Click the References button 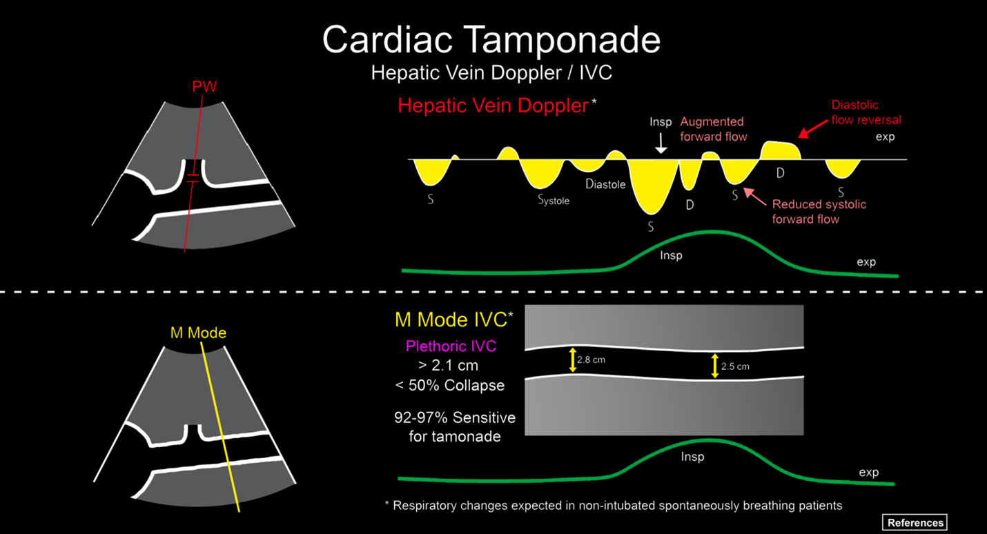click(915, 522)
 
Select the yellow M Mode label click(198, 333)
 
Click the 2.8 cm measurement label click(592, 360)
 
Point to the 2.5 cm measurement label click(735, 366)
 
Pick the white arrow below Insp click(661, 142)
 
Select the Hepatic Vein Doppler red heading click(493, 106)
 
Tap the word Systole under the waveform click(553, 201)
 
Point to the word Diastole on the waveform click(605, 184)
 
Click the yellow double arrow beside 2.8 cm click(572, 360)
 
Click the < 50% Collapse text click(449, 385)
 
